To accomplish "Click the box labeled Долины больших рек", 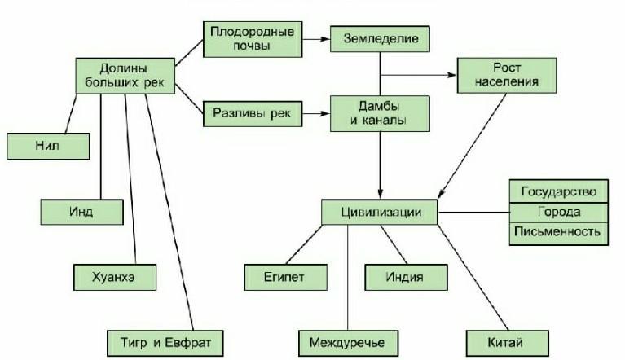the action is pyautogui.click(x=125, y=76).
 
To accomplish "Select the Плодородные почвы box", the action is pyautogui.click(x=253, y=39).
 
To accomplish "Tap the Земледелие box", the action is pyautogui.click(x=380, y=38).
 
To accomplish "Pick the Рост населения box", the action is pyautogui.click(x=507, y=75).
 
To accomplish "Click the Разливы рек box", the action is pyautogui.click(x=253, y=113).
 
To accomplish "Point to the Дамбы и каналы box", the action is pyautogui.click(x=380, y=113).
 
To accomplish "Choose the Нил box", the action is pyautogui.click(x=48, y=146).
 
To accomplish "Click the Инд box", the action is pyautogui.click(x=81, y=212).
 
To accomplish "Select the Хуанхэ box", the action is pyautogui.click(x=115, y=277).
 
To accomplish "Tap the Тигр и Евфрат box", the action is pyautogui.click(x=165, y=343).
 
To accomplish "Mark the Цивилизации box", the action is pyautogui.click(x=380, y=213).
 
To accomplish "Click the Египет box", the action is pyautogui.click(x=285, y=277).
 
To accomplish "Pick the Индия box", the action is pyautogui.click(x=406, y=277).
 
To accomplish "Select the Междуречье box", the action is pyautogui.click(x=349, y=343).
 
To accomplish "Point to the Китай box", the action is pyautogui.click(x=508, y=343).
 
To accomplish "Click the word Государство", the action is pyautogui.click(x=559, y=192).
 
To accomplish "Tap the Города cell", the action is pyautogui.click(x=559, y=213).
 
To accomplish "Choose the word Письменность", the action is pyautogui.click(x=557, y=231).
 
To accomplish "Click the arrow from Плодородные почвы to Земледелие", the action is pyautogui.click(x=316, y=39).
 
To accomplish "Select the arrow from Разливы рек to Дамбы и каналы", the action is pyautogui.click(x=316, y=113).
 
